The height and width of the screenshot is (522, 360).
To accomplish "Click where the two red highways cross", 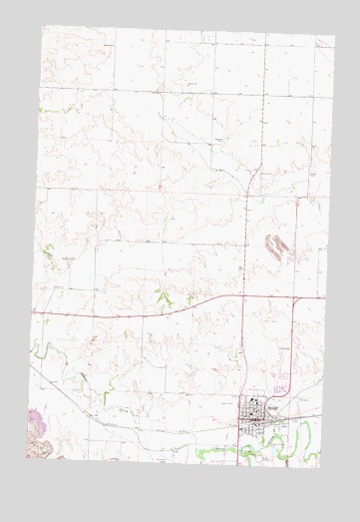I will [243, 297].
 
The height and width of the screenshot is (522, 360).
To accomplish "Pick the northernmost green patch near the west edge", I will [42, 107].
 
